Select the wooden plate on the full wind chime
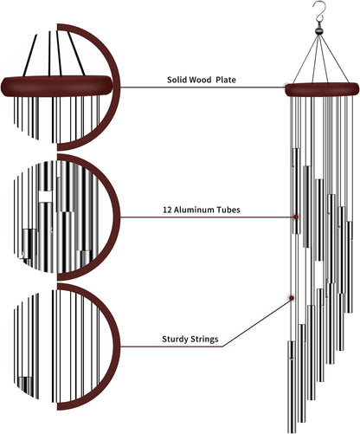coord(321,87)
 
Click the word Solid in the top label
coord(178,80)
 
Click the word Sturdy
coord(181,340)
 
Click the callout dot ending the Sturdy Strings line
coord(291,298)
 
